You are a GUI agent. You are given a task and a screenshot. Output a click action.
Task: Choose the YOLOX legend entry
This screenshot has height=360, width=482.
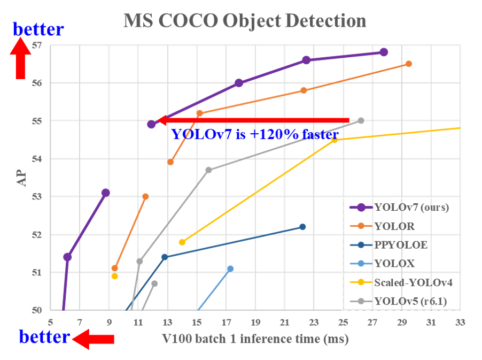395,264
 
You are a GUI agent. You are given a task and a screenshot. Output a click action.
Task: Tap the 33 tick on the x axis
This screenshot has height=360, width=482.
460,323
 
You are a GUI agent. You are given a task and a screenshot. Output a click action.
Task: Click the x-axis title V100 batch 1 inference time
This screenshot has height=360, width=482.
255,339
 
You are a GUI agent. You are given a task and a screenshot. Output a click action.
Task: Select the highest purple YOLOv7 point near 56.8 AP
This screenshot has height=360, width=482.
383,52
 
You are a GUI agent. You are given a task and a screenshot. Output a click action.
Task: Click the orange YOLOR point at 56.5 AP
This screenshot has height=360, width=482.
408,64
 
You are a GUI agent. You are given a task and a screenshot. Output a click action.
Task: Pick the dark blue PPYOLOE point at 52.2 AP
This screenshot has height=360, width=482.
302,227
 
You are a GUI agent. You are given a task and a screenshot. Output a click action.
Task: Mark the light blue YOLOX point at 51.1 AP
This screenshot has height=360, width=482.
230,269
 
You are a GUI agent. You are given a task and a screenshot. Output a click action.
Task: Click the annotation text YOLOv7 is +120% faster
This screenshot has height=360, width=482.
254,134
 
